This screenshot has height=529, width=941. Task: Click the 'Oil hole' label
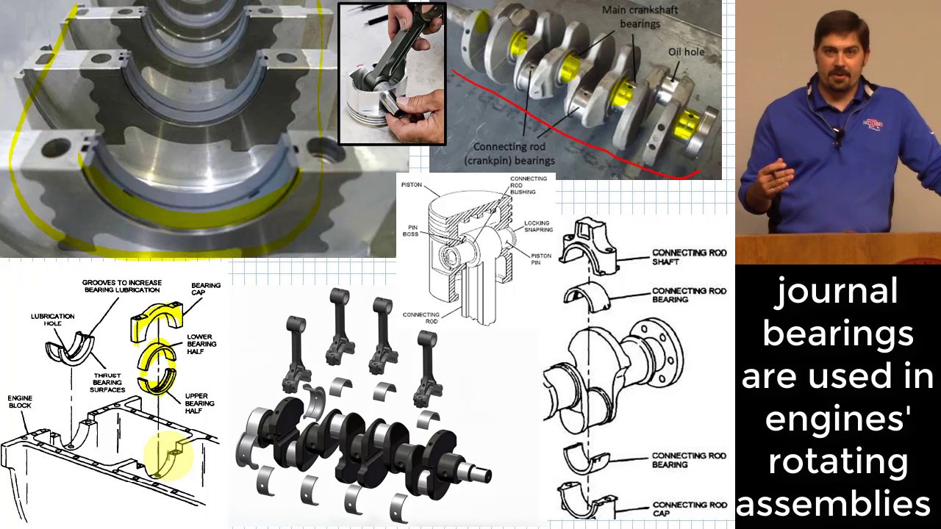coord(686,52)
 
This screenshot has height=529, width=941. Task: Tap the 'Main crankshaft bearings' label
coord(640,17)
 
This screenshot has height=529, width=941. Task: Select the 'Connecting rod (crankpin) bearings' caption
coord(509,154)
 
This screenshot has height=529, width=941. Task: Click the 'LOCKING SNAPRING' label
coord(538,226)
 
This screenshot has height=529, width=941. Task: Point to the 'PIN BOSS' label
coord(410,231)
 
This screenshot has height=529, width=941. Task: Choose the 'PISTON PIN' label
coord(541,259)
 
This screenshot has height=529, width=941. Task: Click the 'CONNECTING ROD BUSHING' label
coord(528,185)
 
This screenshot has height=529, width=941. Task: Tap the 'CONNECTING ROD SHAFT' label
coord(689,257)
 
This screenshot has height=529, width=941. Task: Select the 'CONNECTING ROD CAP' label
coord(689,509)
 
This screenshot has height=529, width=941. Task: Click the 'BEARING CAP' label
coord(206,289)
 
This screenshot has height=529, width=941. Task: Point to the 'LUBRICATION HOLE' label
coord(52,320)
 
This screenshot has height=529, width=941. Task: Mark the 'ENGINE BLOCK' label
coord(20,402)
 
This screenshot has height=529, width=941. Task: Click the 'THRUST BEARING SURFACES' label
coord(107,382)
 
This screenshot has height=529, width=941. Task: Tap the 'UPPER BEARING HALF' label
coord(199,403)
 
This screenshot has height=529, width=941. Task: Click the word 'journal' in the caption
coord(837,292)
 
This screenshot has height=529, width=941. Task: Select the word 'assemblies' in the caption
coord(837,505)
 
